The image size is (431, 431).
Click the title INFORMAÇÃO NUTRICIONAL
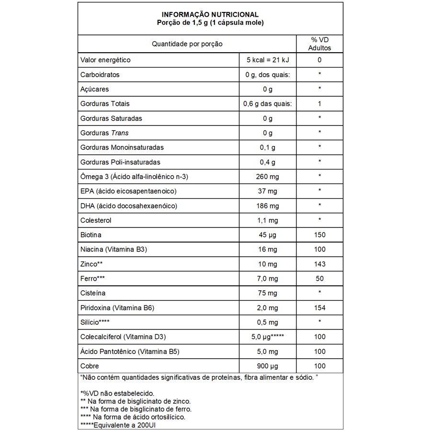tap(210, 14)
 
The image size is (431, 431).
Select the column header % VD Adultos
tap(319, 44)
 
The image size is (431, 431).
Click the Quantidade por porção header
tap(187, 44)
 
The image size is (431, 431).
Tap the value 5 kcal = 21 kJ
tap(268, 60)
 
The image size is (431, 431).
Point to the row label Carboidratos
tap(100, 75)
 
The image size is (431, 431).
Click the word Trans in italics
tap(120, 133)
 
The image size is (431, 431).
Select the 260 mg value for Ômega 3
tap(268, 177)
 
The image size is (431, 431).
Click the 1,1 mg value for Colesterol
tap(268, 220)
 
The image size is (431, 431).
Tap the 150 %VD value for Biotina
tap(319, 235)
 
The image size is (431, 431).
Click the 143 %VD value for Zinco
tap(319, 264)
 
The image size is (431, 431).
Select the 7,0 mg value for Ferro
tap(268, 278)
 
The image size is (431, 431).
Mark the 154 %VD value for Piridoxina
tap(319, 307)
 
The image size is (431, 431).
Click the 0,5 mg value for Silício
tap(268, 322)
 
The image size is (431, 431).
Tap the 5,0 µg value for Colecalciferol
tap(268, 337)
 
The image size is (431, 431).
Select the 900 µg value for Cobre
tap(268, 366)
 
